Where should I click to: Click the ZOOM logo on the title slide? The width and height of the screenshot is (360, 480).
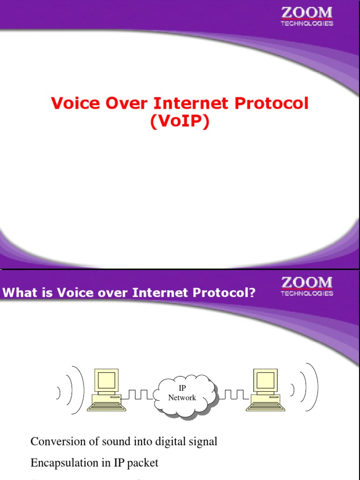307,16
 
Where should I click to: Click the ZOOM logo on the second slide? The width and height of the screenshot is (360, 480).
307,286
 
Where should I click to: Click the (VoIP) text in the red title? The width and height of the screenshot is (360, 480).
180,121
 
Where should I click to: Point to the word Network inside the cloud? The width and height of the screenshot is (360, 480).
182,397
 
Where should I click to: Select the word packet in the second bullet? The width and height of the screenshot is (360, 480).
143,463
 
